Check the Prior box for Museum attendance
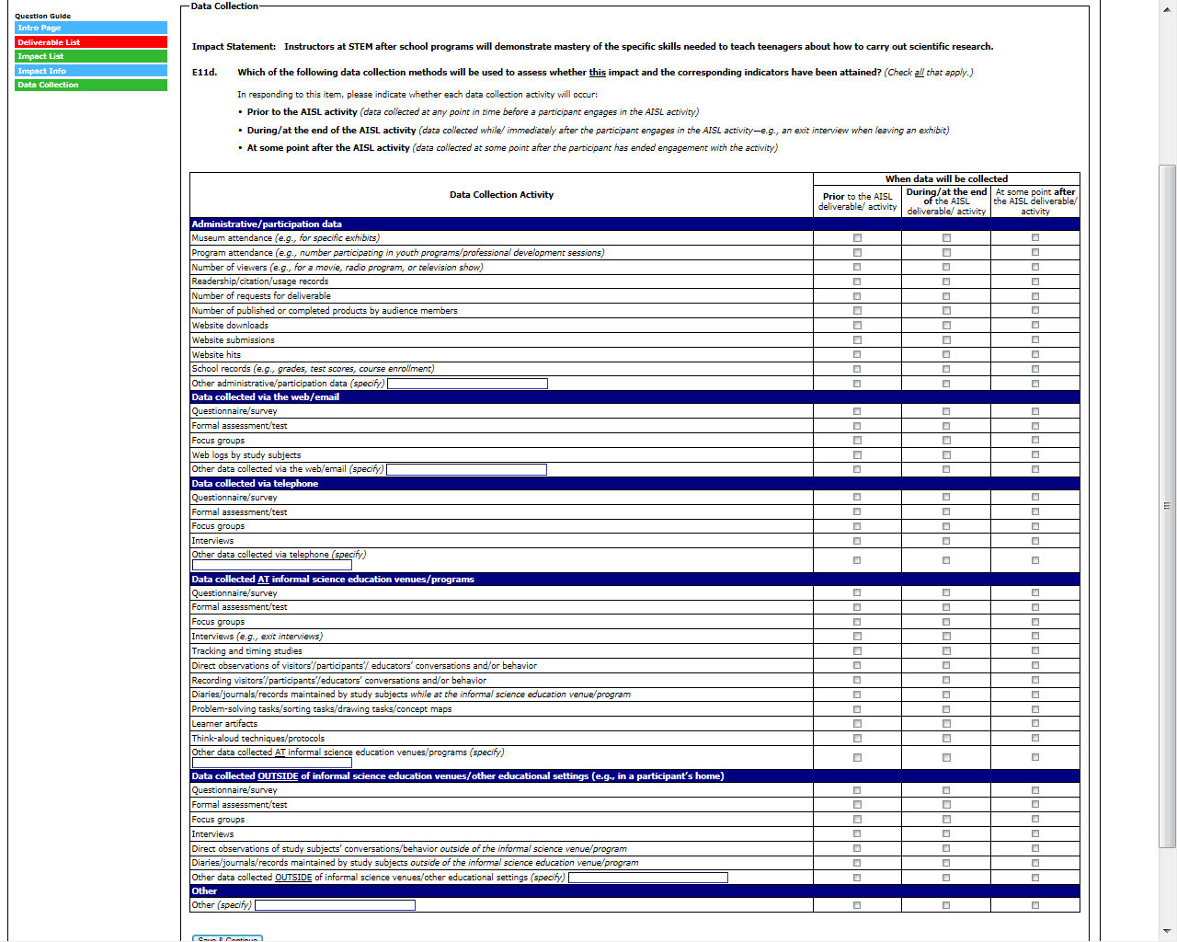click(x=857, y=238)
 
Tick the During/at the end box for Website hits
click(x=946, y=354)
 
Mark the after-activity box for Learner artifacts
click(x=1035, y=724)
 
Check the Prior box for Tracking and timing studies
click(x=857, y=651)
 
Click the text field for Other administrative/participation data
click(x=467, y=384)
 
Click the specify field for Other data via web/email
click(x=466, y=469)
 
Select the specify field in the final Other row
click(x=335, y=905)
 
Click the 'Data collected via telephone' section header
click(x=255, y=484)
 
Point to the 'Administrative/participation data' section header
click(x=267, y=224)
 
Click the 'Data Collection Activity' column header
click(x=501, y=195)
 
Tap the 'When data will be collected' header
click(x=946, y=179)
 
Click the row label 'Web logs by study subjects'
click(x=246, y=455)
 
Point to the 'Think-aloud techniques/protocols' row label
click(x=258, y=739)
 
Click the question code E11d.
click(x=204, y=73)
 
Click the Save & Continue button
click(x=227, y=938)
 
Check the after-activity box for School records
click(x=1035, y=369)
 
